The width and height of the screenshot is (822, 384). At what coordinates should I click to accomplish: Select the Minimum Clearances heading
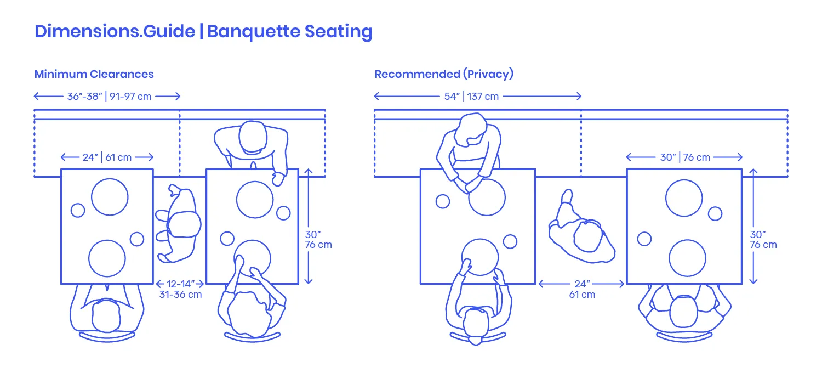(x=94, y=74)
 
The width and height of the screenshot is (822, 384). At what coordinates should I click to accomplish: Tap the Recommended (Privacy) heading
(x=444, y=74)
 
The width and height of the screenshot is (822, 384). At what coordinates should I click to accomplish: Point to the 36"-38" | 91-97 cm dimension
(x=110, y=97)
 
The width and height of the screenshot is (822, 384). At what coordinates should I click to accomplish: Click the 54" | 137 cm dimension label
(x=471, y=97)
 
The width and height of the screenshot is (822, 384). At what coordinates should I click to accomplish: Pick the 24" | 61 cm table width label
(x=107, y=157)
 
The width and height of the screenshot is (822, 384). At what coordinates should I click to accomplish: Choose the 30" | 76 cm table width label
(x=685, y=157)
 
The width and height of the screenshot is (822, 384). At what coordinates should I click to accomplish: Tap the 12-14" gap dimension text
(x=180, y=284)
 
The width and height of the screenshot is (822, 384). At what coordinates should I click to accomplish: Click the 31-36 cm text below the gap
(x=180, y=295)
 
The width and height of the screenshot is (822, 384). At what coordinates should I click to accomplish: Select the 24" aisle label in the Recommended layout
(x=583, y=284)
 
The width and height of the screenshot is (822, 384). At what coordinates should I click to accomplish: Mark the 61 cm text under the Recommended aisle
(x=583, y=295)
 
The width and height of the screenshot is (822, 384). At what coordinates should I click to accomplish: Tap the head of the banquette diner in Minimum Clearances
(x=253, y=137)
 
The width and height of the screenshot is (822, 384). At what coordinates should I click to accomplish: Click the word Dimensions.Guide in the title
(x=115, y=32)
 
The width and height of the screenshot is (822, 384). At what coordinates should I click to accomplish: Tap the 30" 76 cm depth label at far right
(x=763, y=240)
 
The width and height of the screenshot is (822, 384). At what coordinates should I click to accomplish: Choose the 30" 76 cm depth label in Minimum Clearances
(x=318, y=240)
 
